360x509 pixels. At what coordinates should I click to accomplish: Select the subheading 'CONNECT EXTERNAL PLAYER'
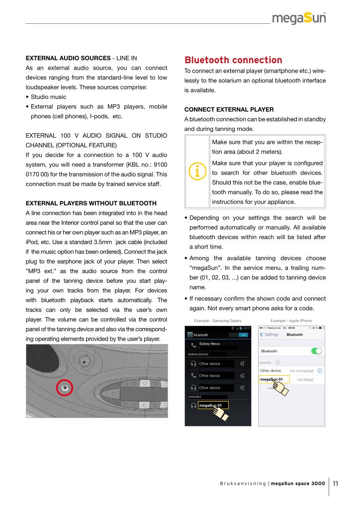click(x=225, y=109)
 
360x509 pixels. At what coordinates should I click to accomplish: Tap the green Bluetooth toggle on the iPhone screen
click(x=316, y=351)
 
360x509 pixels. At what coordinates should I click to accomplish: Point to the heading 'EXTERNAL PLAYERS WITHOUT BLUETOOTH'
click(x=91, y=203)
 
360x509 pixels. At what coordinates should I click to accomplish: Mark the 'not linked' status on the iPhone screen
click(x=305, y=380)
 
